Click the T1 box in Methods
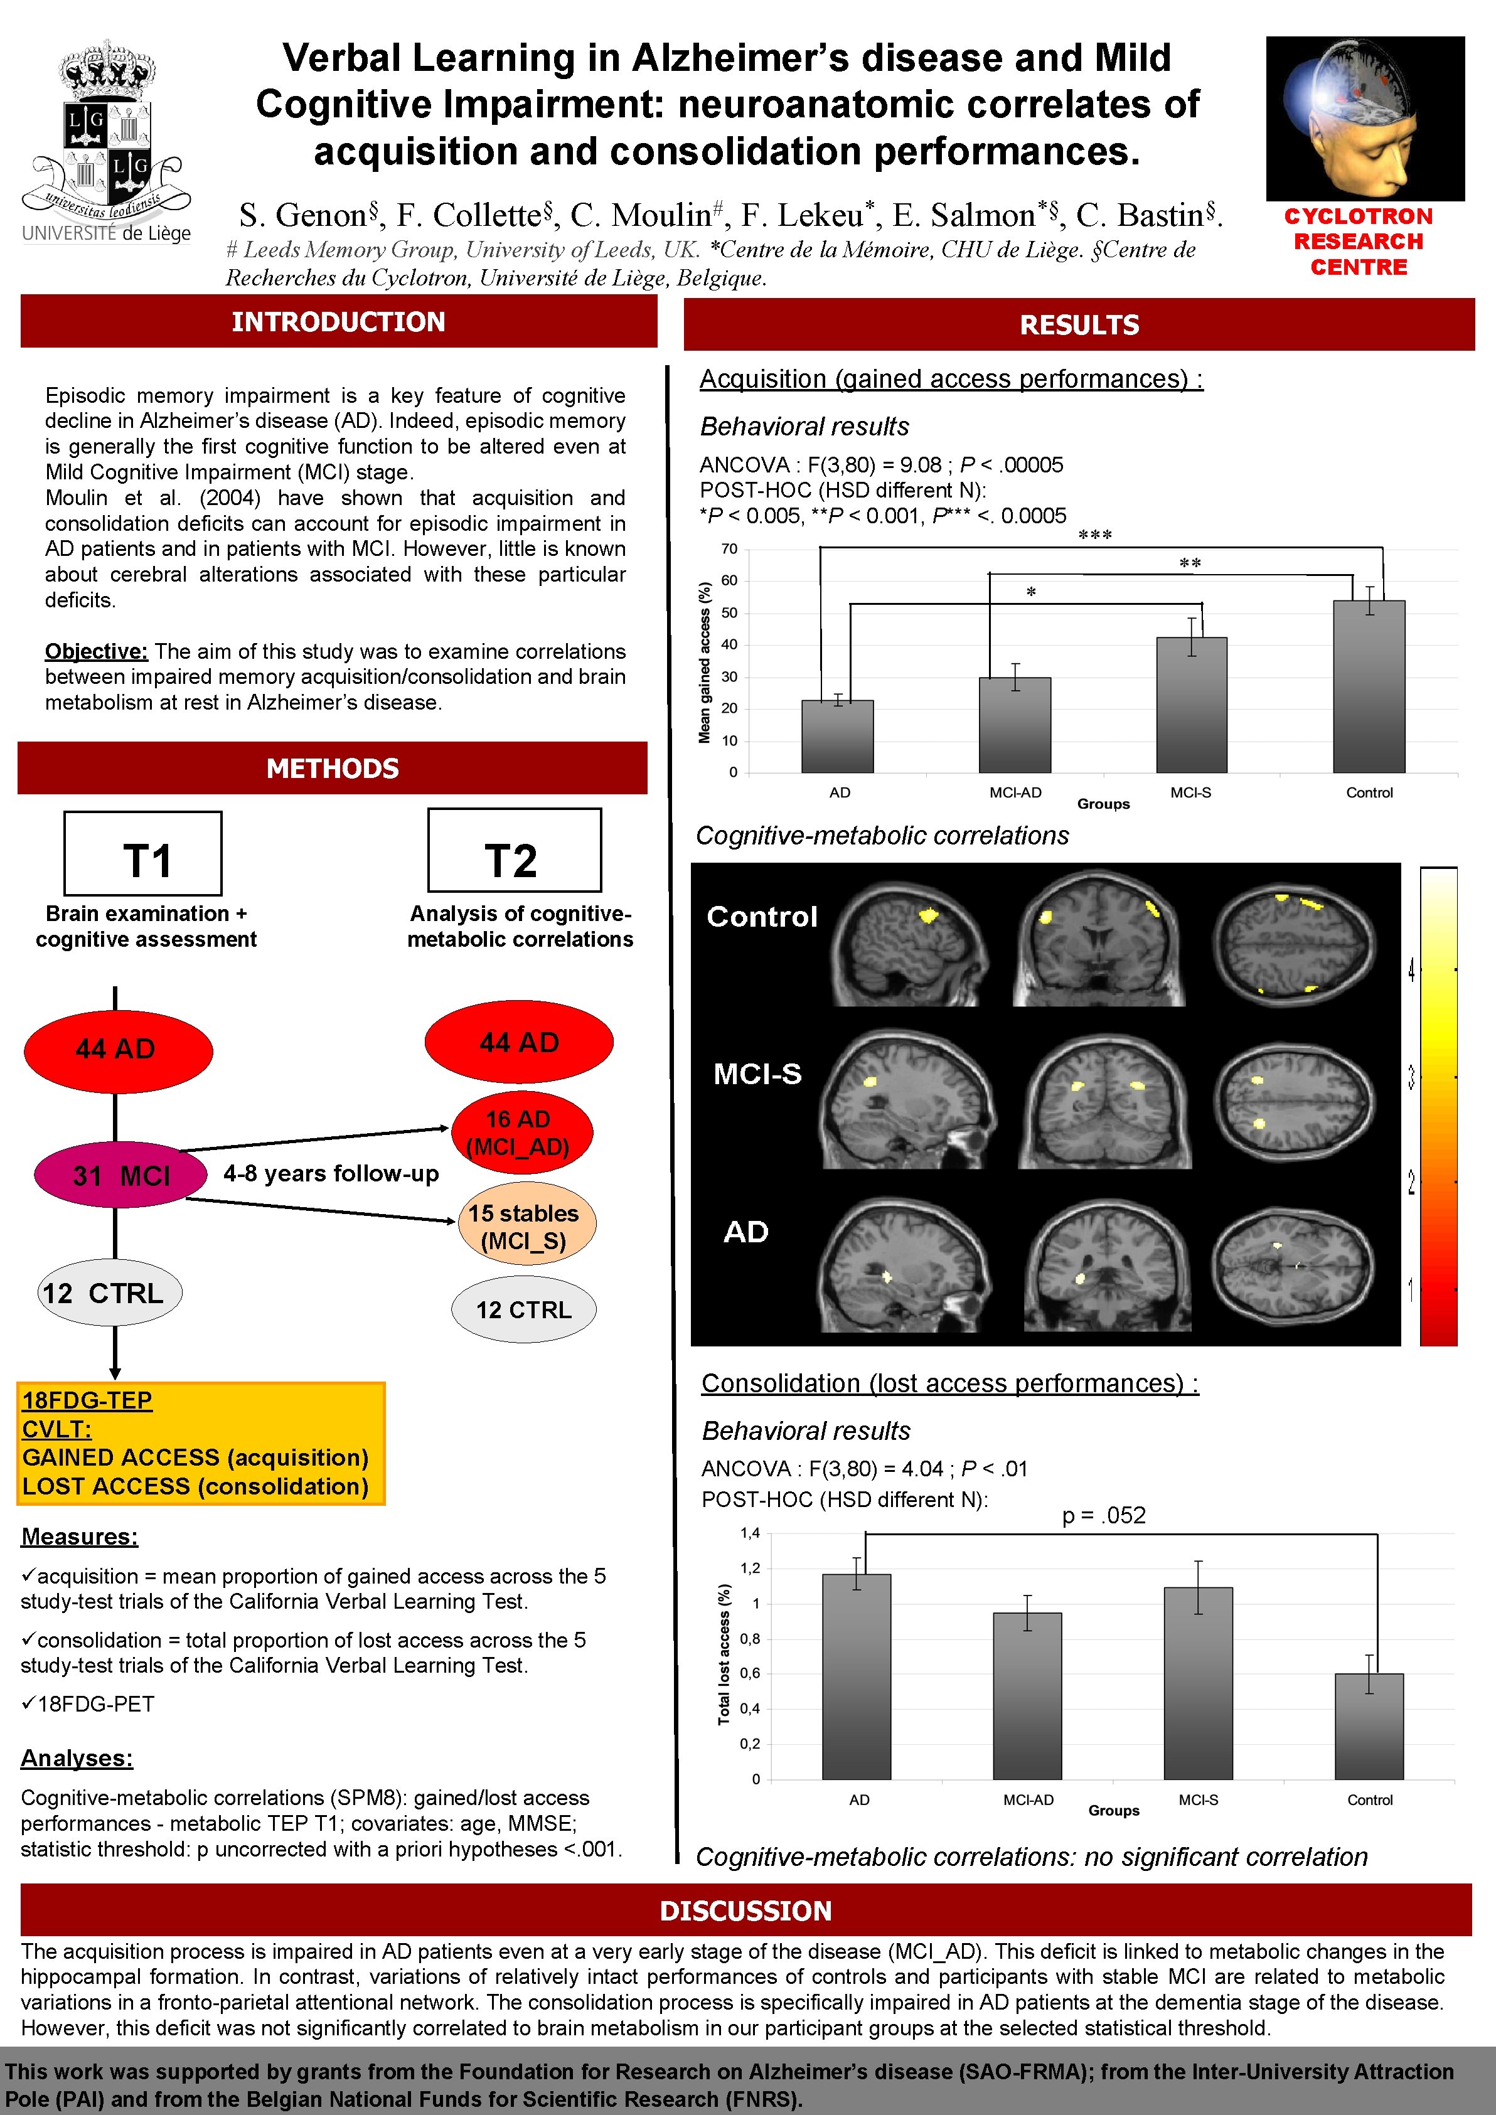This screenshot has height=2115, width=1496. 143,853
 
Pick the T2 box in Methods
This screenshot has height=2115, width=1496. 514,850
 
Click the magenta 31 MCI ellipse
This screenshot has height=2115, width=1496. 120,1175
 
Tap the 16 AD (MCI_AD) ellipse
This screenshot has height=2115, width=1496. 521,1132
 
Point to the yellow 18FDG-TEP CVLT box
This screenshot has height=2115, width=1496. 200,1442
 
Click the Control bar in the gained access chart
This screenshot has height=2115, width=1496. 1368,686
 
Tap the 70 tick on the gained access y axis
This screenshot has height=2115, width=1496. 729,549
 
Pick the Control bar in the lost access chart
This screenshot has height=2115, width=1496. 1369,1725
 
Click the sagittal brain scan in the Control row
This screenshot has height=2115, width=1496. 907,942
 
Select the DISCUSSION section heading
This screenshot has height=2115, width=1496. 745,1910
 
